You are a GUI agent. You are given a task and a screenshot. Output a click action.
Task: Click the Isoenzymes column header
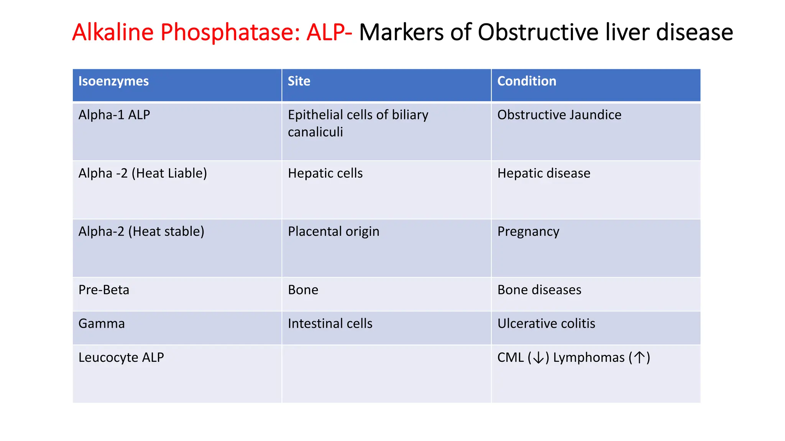(113, 82)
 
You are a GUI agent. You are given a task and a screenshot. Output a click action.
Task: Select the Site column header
(299, 82)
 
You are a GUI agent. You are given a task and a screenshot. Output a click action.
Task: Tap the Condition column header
(527, 82)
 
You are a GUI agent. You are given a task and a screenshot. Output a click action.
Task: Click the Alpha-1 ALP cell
(114, 115)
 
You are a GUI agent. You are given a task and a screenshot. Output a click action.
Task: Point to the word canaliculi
(315, 132)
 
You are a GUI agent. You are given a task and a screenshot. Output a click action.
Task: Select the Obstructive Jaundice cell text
(559, 115)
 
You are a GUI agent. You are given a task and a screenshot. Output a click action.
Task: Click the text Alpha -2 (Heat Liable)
(143, 173)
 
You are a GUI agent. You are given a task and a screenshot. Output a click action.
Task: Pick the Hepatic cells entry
(325, 173)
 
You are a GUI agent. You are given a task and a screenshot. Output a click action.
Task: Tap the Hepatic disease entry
(544, 173)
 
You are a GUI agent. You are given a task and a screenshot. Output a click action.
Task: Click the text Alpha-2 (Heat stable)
(141, 232)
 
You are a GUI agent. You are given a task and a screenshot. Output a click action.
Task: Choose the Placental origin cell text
(333, 232)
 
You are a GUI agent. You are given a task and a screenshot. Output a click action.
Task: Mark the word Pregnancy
(528, 232)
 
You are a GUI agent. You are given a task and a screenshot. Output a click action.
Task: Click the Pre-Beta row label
(103, 290)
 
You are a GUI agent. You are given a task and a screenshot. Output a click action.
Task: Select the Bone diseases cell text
(539, 290)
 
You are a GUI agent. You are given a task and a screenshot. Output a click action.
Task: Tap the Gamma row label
(102, 324)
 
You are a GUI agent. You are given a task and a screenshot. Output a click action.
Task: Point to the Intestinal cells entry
(330, 324)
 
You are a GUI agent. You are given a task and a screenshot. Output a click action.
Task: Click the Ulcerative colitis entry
(546, 324)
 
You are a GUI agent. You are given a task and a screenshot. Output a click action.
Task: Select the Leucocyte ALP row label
(121, 358)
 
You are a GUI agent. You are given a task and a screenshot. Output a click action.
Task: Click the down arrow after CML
(539, 358)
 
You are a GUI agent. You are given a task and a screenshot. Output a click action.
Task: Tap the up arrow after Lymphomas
(639, 358)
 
